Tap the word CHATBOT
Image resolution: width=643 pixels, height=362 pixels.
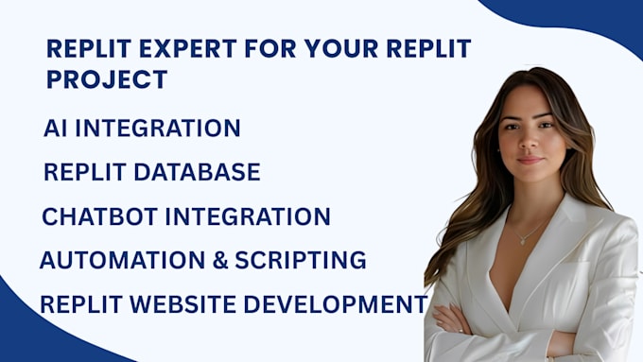[x=99, y=216]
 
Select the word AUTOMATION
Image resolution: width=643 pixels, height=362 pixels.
[x=118, y=260]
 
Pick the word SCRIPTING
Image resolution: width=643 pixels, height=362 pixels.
[x=299, y=260]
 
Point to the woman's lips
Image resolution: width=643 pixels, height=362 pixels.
[x=530, y=159]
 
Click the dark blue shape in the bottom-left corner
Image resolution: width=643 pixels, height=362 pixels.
[x=38, y=336]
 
